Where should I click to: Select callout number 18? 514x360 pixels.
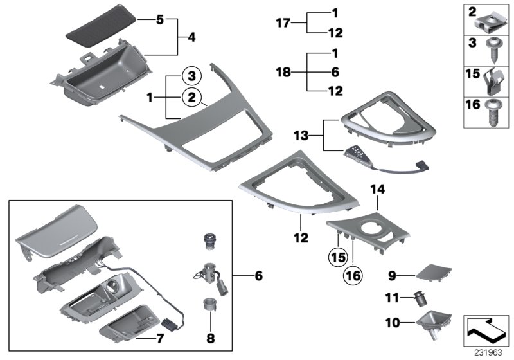283,73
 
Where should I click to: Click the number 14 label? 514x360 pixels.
376,189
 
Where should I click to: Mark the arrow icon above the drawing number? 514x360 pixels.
486,330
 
